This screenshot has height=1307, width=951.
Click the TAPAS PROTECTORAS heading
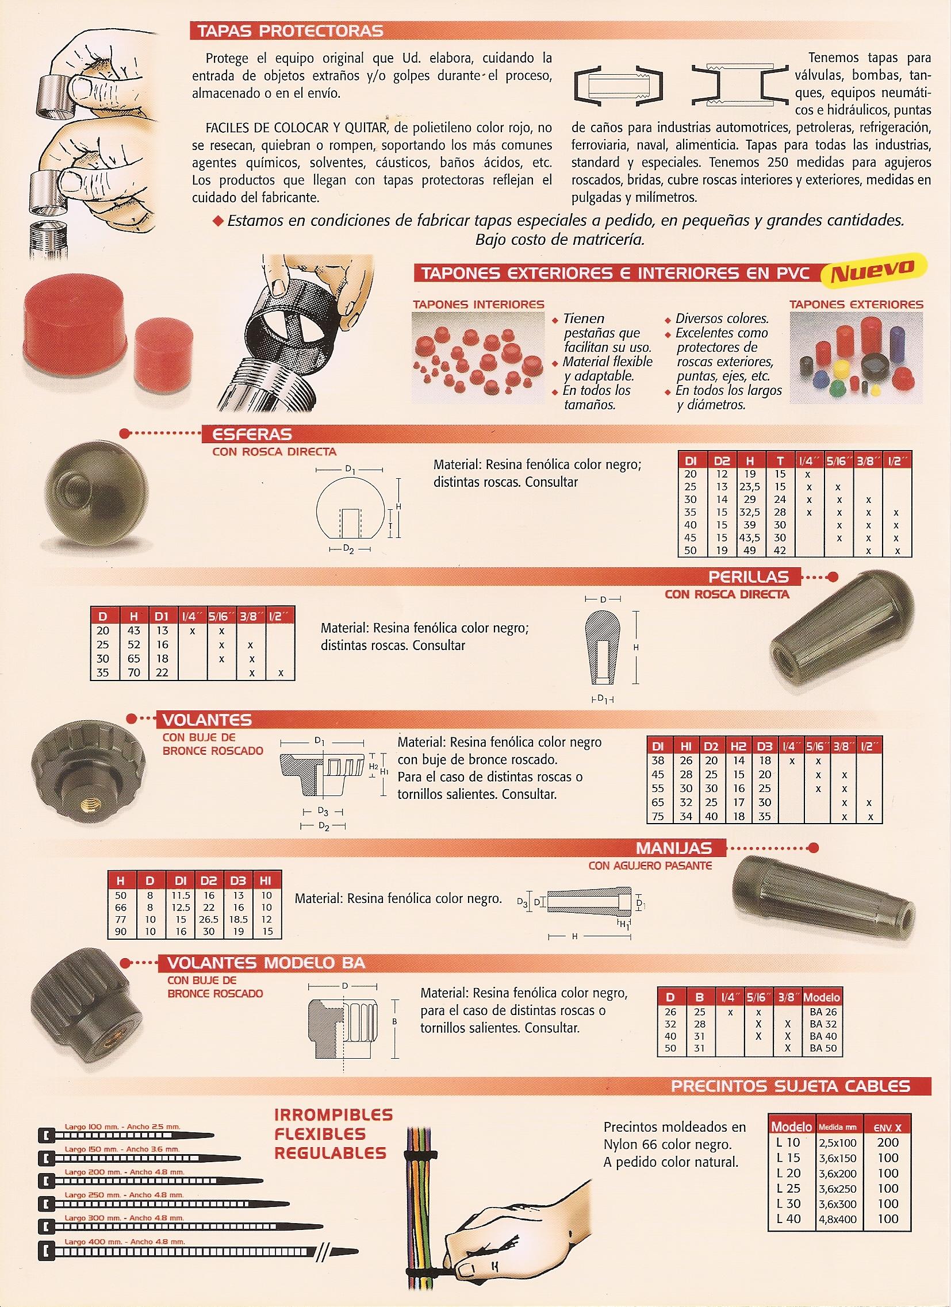pyautogui.click(x=290, y=30)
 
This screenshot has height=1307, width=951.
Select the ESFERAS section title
pyautogui.click(x=253, y=434)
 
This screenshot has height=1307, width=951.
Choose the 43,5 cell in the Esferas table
pyautogui.click(x=749, y=537)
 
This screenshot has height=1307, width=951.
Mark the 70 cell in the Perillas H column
pyautogui.click(x=134, y=672)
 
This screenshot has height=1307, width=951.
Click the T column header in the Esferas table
pyautogui.click(x=780, y=461)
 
